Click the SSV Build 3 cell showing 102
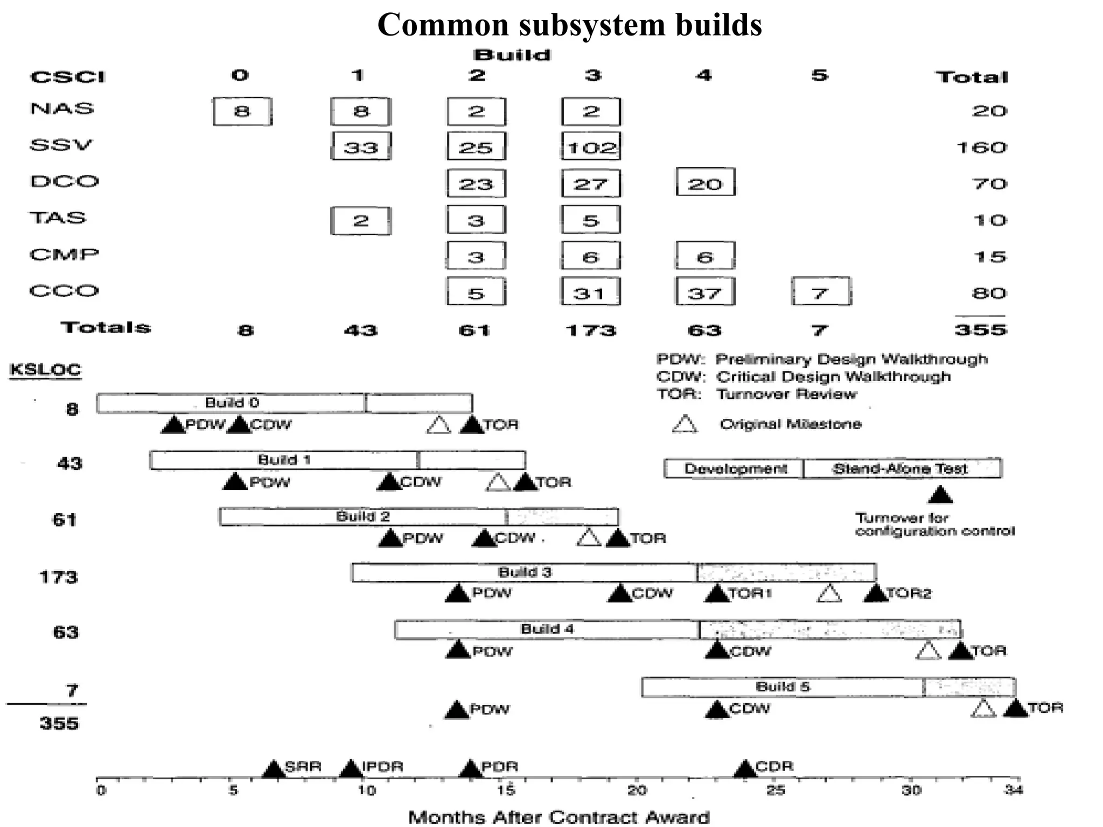pyautogui.click(x=591, y=146)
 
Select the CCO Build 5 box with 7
pyautogui.click(x=821, y=292)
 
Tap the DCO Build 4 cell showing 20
pyautogui.click(x=705, y=183)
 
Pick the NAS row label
pyautogui.click(x=62, y=109)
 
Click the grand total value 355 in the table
pyautogui.click(x=980, y=330)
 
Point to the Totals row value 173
pyautogui.click(x=591, y=330)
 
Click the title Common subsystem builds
pyautogui.click(x=569, y=25)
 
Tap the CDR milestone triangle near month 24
pyautogui.click(x=745, y=769)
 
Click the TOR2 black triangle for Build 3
pyautogui.click(x=876, y=593)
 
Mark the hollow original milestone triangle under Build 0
pyautogui.click(x=438, y=425)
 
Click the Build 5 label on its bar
pyautogui.click(x=783, y=686)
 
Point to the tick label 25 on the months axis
pyautogui.click(x=775, y=791)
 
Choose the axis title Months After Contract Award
pyautogui.click(x=559, y=817)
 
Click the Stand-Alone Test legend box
pyautogui.click(x=902, y=468)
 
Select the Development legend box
pyautogui.click(x=734, y=468)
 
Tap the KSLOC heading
pyautogui.click(x=45, y=370)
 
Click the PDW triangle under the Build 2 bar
pyautogui.click(x=390, y=538)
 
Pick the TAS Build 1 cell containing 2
pyautogui.click(x=360, y=220)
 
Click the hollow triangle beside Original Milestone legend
pyautogui.click(x=685, y=425)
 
